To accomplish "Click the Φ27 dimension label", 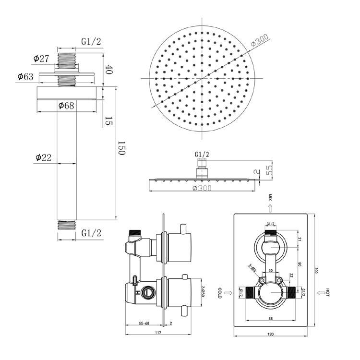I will [x=41, y=59].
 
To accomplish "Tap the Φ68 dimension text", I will [x=66, y=106].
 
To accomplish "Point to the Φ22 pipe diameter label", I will [x=43, y=157].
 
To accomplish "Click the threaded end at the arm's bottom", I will [x=66, y=224].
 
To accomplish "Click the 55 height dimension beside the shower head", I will [x=270, y=170].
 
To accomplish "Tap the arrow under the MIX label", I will [x=270, y=207].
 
